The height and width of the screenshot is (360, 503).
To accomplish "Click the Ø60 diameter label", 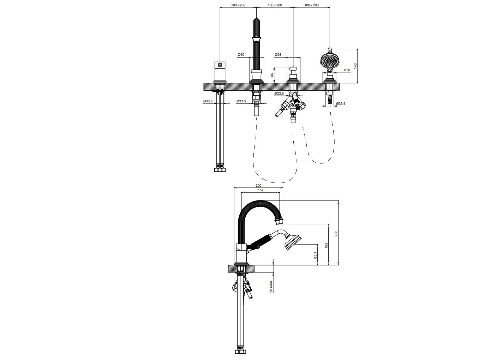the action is point(241,55).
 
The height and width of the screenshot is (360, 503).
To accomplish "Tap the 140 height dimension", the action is point(355,66).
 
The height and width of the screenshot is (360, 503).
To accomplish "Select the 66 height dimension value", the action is point(272,75).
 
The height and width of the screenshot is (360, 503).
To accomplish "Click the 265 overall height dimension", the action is point(336,234).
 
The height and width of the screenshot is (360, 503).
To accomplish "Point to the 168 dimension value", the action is point(326,245).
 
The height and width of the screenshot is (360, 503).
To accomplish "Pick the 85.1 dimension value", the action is point(315,255).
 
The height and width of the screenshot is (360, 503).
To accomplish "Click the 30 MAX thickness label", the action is point(271,287).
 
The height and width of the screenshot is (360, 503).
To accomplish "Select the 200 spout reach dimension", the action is point(258,186).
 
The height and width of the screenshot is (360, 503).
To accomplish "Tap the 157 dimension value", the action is point(261,190).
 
